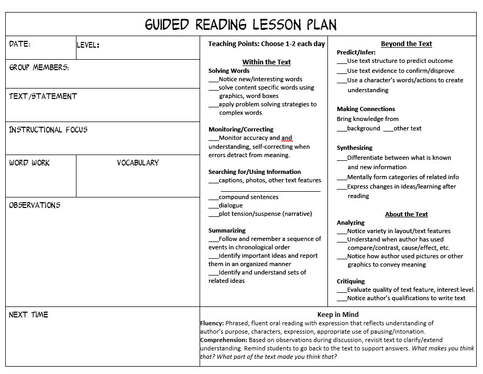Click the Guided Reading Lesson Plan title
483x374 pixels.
tap(241, 24)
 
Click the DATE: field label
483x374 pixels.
tap(20, 45)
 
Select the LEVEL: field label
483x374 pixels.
tap(88, 45)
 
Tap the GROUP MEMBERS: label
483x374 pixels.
tap(39, 68)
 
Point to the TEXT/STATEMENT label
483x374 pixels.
tap(43, 96)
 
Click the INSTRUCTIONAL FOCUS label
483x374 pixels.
tap(48, 129)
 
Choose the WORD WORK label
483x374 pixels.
tap(29, 163)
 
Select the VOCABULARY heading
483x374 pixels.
tap(138, 163)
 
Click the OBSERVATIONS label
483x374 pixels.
tap(35, 205)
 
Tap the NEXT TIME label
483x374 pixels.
tap(28, 315)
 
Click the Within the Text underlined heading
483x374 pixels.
tap(266, 62)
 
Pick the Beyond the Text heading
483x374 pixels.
tap(406, 44)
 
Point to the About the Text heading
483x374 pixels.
tap(406, 214)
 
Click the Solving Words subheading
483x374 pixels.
tap(229, 71)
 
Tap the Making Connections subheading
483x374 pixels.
tap(366, 109)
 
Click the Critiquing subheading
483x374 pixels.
tap(350, 281)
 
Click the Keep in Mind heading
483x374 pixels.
tap(338, 315)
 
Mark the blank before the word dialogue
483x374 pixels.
tap(213, 206)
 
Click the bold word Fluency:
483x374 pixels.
tap(212, 323)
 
